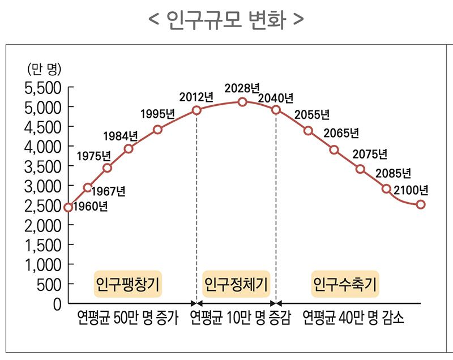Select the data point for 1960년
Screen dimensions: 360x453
69,207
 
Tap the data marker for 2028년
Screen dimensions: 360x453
242,102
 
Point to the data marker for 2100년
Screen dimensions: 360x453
421,204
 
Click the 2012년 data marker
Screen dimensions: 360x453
196,110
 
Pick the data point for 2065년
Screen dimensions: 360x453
334,149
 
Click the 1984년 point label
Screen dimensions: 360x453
121,136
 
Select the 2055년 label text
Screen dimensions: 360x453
313,114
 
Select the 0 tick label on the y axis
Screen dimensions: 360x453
56,304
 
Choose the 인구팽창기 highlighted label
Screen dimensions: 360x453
127,282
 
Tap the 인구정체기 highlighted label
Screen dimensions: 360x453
236,282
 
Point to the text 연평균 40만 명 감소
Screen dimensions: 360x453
353,318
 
